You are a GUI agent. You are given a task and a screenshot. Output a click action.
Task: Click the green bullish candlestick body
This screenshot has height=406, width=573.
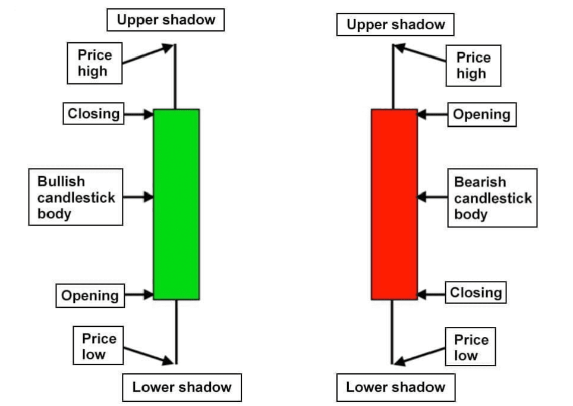176,204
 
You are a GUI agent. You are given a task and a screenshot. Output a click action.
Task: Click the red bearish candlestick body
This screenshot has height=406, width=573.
394,204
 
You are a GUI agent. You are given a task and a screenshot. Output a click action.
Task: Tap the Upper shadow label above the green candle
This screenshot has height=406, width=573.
166,20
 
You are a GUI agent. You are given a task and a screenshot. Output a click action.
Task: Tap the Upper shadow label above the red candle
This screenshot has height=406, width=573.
395,24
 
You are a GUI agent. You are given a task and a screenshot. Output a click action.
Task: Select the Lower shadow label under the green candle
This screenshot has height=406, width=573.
182,388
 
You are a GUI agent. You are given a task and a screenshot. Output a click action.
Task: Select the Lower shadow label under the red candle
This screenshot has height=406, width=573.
395,388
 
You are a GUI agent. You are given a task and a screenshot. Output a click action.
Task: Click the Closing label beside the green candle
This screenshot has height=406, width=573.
93,114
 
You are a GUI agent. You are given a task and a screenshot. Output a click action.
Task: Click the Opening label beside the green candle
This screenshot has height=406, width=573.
90,296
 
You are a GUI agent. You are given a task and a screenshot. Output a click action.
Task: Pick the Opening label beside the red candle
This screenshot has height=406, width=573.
481,115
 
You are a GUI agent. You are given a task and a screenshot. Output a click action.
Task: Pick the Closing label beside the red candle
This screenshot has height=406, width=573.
476,293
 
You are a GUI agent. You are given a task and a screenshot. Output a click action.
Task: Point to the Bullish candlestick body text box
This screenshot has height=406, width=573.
75,197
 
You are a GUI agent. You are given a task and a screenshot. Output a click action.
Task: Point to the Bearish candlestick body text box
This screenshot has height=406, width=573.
492,198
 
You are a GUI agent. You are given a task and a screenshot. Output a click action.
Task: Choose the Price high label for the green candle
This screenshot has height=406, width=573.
95,64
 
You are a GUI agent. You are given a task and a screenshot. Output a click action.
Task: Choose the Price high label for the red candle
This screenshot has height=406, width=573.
474,65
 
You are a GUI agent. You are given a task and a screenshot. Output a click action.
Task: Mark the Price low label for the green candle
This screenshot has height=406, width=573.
99,346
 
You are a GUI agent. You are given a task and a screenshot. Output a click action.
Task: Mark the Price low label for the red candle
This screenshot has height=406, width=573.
471,348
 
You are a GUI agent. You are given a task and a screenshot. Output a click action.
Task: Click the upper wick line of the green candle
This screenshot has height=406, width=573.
174,77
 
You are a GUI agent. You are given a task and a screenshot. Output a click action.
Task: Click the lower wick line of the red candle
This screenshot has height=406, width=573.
392,330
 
